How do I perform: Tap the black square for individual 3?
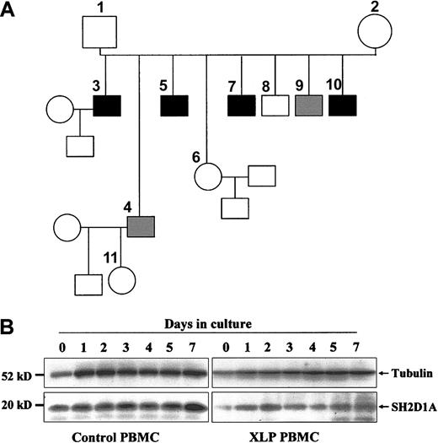[x=107, y=107]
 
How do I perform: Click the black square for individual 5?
[x=174, y=107]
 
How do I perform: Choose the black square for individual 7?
[x=242, y=107]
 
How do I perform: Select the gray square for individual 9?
[x=309, y=107]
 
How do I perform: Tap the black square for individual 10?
[x=343, y=107]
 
